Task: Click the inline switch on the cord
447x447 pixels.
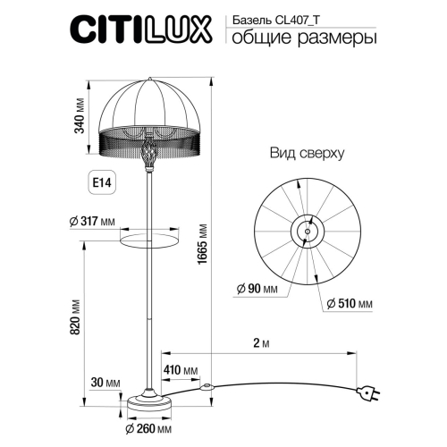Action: point(207,388)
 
